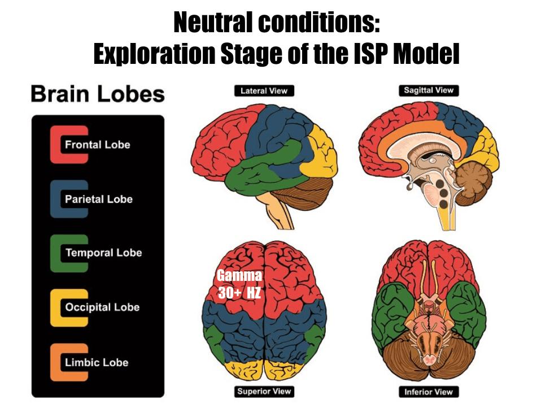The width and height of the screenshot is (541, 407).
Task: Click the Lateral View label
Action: coord(264,90)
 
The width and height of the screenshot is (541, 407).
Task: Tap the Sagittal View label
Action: coord(429,90)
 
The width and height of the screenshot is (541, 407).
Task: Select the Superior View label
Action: coord(264,391)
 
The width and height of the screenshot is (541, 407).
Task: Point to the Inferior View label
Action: coord(429,391)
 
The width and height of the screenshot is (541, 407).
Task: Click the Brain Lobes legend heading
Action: coord(98,94)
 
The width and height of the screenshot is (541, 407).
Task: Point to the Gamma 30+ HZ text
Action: coord(239,284)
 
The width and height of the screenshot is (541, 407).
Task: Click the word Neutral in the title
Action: coord(211,23)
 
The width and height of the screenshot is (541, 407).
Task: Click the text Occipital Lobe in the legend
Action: coord(102,308)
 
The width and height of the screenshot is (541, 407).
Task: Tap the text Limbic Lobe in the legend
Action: coord(97,362)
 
